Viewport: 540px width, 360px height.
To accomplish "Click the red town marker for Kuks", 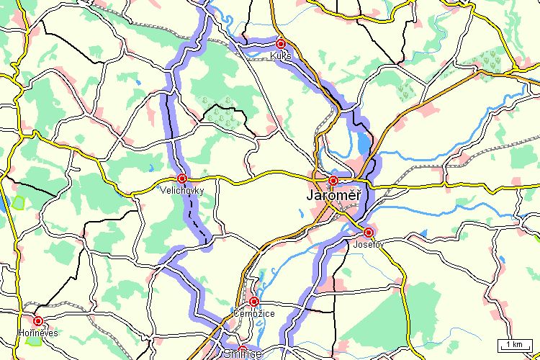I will pyautogui.click(x=282, y=44).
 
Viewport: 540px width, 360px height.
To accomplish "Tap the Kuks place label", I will pyautogui.click(x=281, y=55).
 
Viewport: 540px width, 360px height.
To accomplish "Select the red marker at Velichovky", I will pyautogui.click(x=182, y=178).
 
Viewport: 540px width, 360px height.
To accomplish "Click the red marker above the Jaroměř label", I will pyautogui.click(x=333, y=180).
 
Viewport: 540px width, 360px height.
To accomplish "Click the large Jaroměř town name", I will pyautogui.click(x=333, y=196).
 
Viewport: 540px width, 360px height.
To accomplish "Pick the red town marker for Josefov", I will pyautogui.click(x=369, y=232).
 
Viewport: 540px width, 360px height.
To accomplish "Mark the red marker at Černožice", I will pyautogui.click(x=254, y=301).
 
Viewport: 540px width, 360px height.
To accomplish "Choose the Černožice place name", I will pyautogui.click(x=253, y=313).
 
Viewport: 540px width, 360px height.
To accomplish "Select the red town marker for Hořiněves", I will pyautogui.click(x=38, y=321).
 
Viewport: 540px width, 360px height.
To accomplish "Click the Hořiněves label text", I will pyautogui.click(x=37, y=333).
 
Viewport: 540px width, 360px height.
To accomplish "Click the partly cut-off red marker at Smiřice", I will pyautogui.click(x=243, y=349).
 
